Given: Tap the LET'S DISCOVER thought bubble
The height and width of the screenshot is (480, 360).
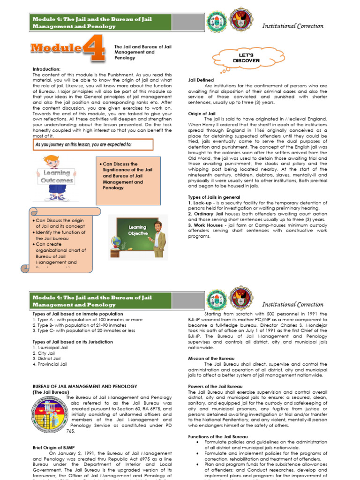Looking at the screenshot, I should tap(242, 58).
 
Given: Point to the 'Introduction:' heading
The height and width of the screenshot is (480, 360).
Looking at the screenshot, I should tap(46, 69).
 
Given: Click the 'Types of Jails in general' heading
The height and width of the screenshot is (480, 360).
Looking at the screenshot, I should tap(214, 197).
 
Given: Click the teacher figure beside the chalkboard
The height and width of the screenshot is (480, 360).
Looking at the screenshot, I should tap(159, 238).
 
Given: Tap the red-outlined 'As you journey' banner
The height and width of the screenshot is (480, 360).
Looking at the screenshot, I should tap(92, 144).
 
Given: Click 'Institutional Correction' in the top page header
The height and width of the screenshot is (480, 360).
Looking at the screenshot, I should tap(292, 26).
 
